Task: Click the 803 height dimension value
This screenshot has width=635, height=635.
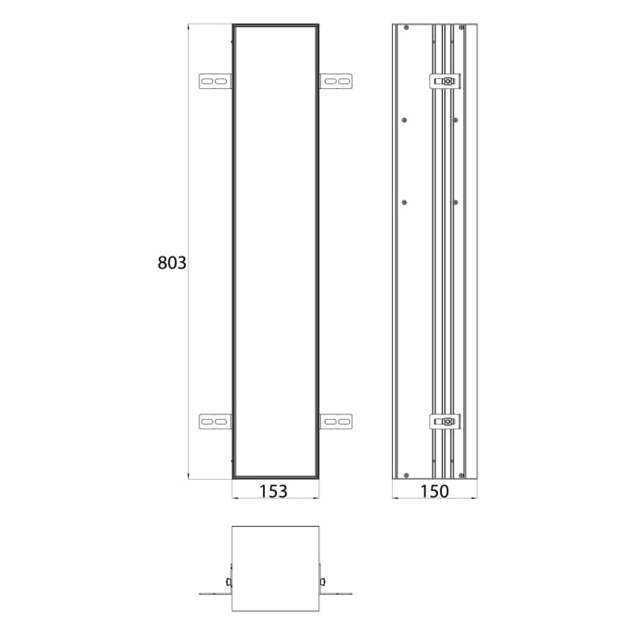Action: tap(171, 263)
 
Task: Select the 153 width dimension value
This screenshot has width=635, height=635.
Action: tap(273, 491)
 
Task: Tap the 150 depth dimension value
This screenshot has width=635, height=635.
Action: tap(435, 491)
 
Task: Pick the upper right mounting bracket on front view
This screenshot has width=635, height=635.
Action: tap(337, 82)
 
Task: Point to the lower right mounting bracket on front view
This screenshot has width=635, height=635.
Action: tap(337, 421)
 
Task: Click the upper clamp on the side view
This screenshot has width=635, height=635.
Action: tap(445, 82)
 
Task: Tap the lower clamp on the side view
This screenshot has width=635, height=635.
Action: tap(445, 421)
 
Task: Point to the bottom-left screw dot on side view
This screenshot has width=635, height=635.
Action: tap(405, 475)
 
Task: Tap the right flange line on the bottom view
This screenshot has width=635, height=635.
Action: tap(337, 595)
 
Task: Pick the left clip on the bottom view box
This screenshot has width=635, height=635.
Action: tap(229, 581)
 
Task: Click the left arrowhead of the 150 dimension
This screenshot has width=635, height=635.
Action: tap(395, 498)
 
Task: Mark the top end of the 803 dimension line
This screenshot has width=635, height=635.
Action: tap(188, 25)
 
